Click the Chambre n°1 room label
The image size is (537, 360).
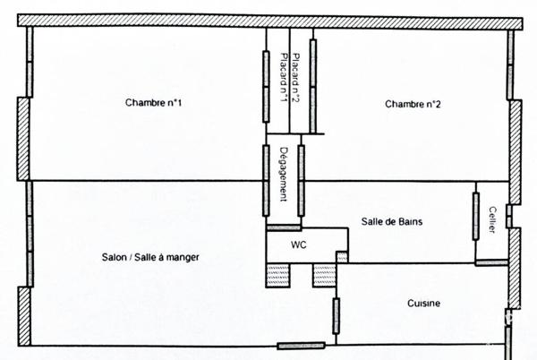pyautogui.click(x=153, y=102)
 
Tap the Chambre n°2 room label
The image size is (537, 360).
pyautogui.click(x=413, y=104)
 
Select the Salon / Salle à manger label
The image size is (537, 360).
pyautogui.click(x=150, y=257)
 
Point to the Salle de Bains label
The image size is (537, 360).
pyautogui.click(x=392, y=221)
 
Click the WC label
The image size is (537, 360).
pyautogui.click(x=299, y=244)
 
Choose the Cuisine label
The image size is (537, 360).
pyautogui.click(x=423, y=304)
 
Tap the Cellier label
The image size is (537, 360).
pyautogui.click(x=492, y=219)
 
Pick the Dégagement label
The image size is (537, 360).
pyautogui.click(x=283, y=174)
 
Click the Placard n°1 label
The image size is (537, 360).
pyautogui.click(x=284, y=78)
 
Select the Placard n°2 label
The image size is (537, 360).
pyautogui.click(x=296, y=78)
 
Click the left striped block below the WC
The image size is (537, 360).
pyautogui.click(x=278, y=276)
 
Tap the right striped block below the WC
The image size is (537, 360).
pyautogui.click(x=325, y=276)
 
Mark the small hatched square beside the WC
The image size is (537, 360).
pyautogui.click(x=342, y=257)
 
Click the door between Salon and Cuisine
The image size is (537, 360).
pyautogui.click(x=337, y=316)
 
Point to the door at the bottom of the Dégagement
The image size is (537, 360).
pyautogui.click(x=284, y=227)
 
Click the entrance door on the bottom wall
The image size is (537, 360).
pyautogui.click(x=301, y=346)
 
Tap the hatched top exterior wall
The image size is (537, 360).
pyautogui.click(x=270, y=21)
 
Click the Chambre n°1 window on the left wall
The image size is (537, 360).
pyautogui.click(x=30, y=62)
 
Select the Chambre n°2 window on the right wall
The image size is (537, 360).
pyautogui.click(x=511, y=65)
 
